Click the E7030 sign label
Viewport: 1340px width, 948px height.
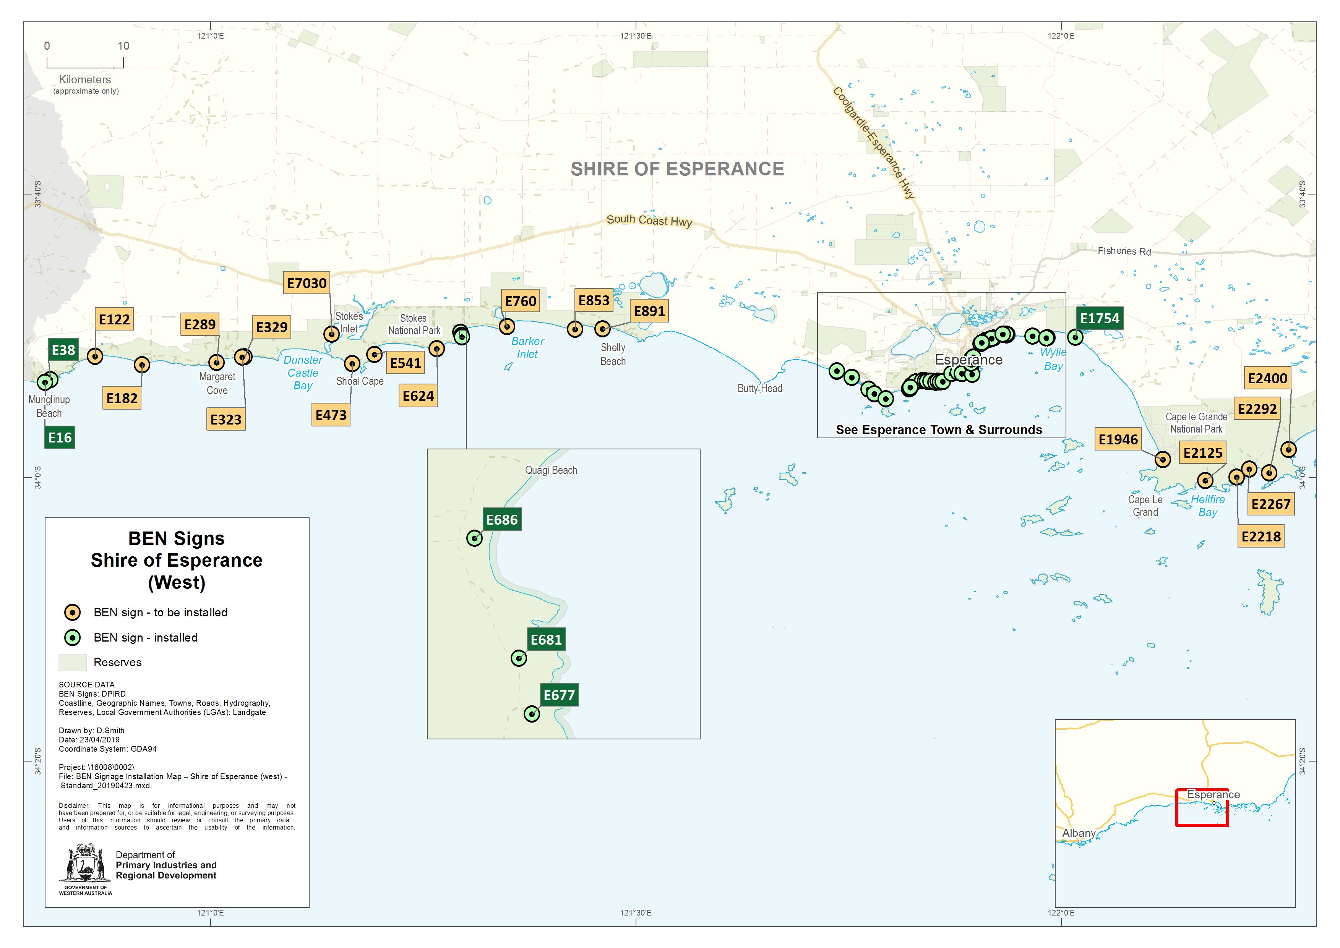tap(307, 283)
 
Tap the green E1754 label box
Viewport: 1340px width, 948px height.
tap(1100, 318)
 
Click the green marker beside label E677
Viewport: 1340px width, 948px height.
tap(531, 713)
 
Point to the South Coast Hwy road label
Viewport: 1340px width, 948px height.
tap(649, 220)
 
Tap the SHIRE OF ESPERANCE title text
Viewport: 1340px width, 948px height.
tap(677, 169)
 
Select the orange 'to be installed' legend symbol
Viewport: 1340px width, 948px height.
tap(72, 613)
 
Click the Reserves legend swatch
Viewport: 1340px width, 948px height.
tap(72, 662)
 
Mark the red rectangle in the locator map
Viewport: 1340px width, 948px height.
tap(1202, 808)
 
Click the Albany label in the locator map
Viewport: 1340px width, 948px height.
tap(1079, 833)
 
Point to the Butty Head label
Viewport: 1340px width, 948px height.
tap(759, 388)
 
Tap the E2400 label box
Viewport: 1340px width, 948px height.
tap(1267, 378)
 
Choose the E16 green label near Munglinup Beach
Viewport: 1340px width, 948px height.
tap(60, 437)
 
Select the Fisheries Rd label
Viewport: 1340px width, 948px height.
tap(1124, 251)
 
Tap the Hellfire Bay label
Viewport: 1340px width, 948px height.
tap(1207, 506)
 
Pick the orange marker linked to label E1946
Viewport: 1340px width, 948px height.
tap(1163, 459)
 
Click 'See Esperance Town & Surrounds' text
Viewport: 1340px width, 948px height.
tap(938, 429)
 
